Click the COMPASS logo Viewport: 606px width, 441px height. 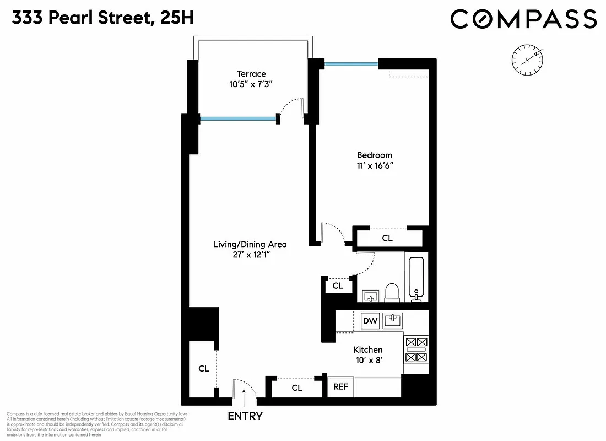pos(523,19)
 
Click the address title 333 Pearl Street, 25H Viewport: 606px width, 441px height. pos(102,19)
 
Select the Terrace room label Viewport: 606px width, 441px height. pos(251,74)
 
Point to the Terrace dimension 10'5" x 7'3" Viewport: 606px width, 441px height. pos(251,84)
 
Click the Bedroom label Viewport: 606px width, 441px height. pos(375,155)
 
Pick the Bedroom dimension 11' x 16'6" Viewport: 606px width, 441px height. pos(375,166)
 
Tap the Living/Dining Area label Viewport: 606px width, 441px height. pos(250,244)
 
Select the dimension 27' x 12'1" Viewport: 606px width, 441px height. pos(250,255)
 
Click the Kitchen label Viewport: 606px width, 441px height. pos(368,350)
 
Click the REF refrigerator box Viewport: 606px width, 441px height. pos(340,386)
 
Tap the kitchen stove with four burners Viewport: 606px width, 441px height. pos(416,350)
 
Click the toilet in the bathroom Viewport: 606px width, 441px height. pos(392,292)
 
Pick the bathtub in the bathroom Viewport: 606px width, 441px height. pos(417,278)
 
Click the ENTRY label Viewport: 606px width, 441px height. pos(245,416)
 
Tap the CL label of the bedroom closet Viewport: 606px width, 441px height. pos(387,238)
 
